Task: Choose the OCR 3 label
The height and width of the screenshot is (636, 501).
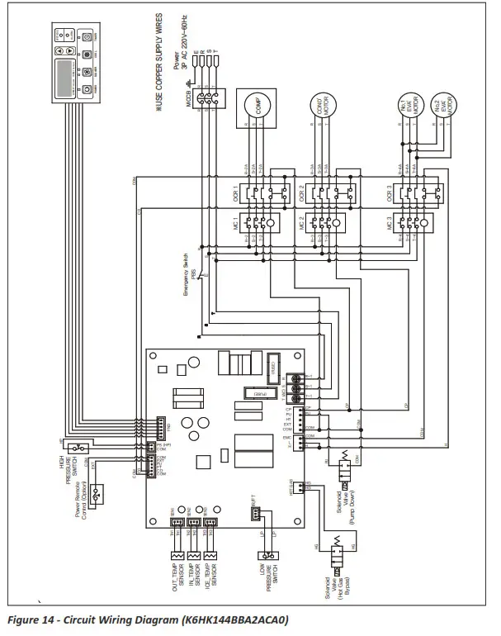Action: point(389,196)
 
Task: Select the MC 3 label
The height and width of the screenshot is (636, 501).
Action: point(389,224)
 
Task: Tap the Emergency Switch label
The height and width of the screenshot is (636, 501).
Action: point(186,273)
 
